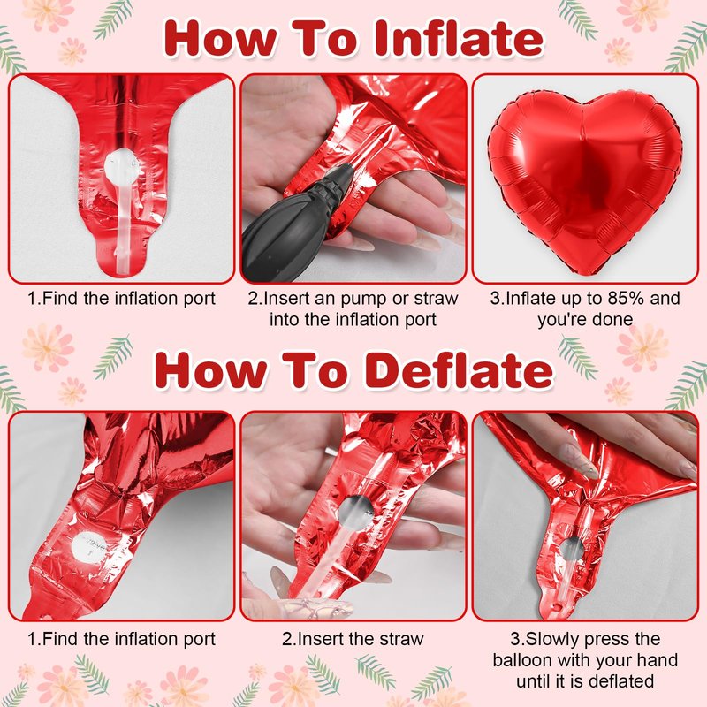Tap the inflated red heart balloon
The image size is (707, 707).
tap(584, 180)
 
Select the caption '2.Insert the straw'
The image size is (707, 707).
tap(353, 639)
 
